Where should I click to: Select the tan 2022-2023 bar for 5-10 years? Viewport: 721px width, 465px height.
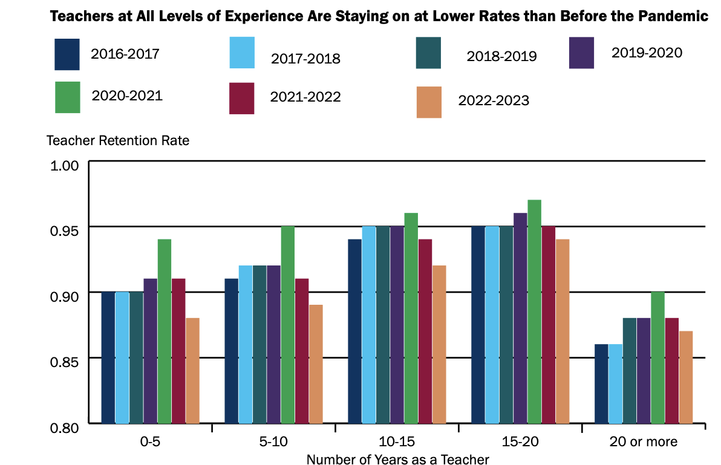pyautogui.click(x=316, y=364)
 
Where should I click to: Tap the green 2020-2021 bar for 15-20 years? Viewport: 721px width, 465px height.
pyautogui.click(x=534, y=311)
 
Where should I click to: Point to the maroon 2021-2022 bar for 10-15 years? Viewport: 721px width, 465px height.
pyautogui.click(x=425, y=331)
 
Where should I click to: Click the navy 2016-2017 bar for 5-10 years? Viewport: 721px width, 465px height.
pyautogui.click(x=232, y=351)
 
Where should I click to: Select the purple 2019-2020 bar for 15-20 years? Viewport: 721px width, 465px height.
pyautogui.click(x=520, y=318)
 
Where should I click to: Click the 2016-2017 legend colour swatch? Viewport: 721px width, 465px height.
pyautogui.click(x=68, y=54)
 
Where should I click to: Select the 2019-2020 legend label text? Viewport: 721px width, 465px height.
pyautogui.click(x=646, y=53)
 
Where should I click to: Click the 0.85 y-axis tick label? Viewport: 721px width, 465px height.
pyautogui.click(x=62, y=362)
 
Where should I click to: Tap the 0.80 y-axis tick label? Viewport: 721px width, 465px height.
pyautogui.click(x=62, y=428)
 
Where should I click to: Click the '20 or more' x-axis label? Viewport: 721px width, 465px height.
pyautogui.click(x=642, y=441)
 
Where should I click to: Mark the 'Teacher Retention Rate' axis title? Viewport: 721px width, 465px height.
pyautogui.click(x=118, y=141)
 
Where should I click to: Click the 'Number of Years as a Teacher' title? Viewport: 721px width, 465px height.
pyautogui.click(x=397, y=459)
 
